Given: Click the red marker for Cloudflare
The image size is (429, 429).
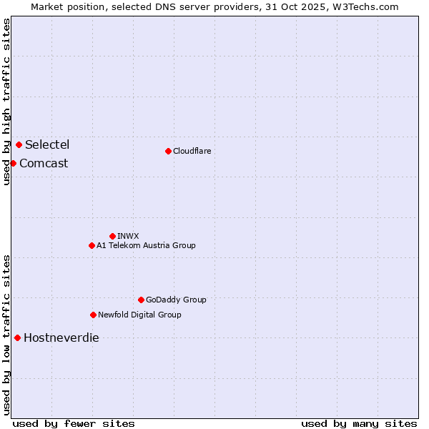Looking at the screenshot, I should pyautogui.click(x=168, y=151).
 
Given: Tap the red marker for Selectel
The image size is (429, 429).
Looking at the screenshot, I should pyautogui.click(x=19, y=144).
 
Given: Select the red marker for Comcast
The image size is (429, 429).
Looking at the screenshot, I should pyautogui.click(x=13, y=163).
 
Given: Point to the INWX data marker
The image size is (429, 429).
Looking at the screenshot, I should pyautogui.click(x=112, y=236).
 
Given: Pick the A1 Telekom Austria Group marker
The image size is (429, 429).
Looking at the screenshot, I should pyautogui.click(x=92, y=245).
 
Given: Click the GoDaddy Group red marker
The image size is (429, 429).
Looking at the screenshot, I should pyautogui.click(x=141, y=300).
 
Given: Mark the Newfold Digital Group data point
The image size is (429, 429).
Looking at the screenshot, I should pyautogui.click(x=93, y=315).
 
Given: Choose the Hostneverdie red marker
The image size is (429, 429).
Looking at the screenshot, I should pyautogui.click(x=17, y=337).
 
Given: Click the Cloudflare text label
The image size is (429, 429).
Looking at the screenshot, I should pyautogui.click(x=192, y=151).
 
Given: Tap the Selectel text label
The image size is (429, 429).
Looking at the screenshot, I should pyautogui.click(x=47, y=144).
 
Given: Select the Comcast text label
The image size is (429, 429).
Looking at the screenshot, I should pyautogui.click(x=44, y=163).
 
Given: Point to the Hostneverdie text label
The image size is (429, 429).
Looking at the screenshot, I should pyautogui.click(x=61, y=337).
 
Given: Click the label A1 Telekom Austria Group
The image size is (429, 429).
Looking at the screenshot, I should pyautogui.click(x=146, y=245).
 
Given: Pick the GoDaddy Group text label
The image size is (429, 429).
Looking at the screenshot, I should pyautogui.click(x=176, y=300).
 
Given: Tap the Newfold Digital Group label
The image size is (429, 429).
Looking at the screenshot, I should pyautogui.click(x=139, y=315).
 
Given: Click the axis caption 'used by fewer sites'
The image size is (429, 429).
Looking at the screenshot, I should pyautogui.click(x=74, y=423).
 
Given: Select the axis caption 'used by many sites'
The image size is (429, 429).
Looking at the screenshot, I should pyautogui.click(x=359, y=423).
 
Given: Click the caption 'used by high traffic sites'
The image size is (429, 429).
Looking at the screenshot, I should pyautogui.click(x=6, y=102).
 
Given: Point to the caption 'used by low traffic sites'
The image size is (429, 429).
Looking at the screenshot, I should pyautogui.click(x=6, y=334).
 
